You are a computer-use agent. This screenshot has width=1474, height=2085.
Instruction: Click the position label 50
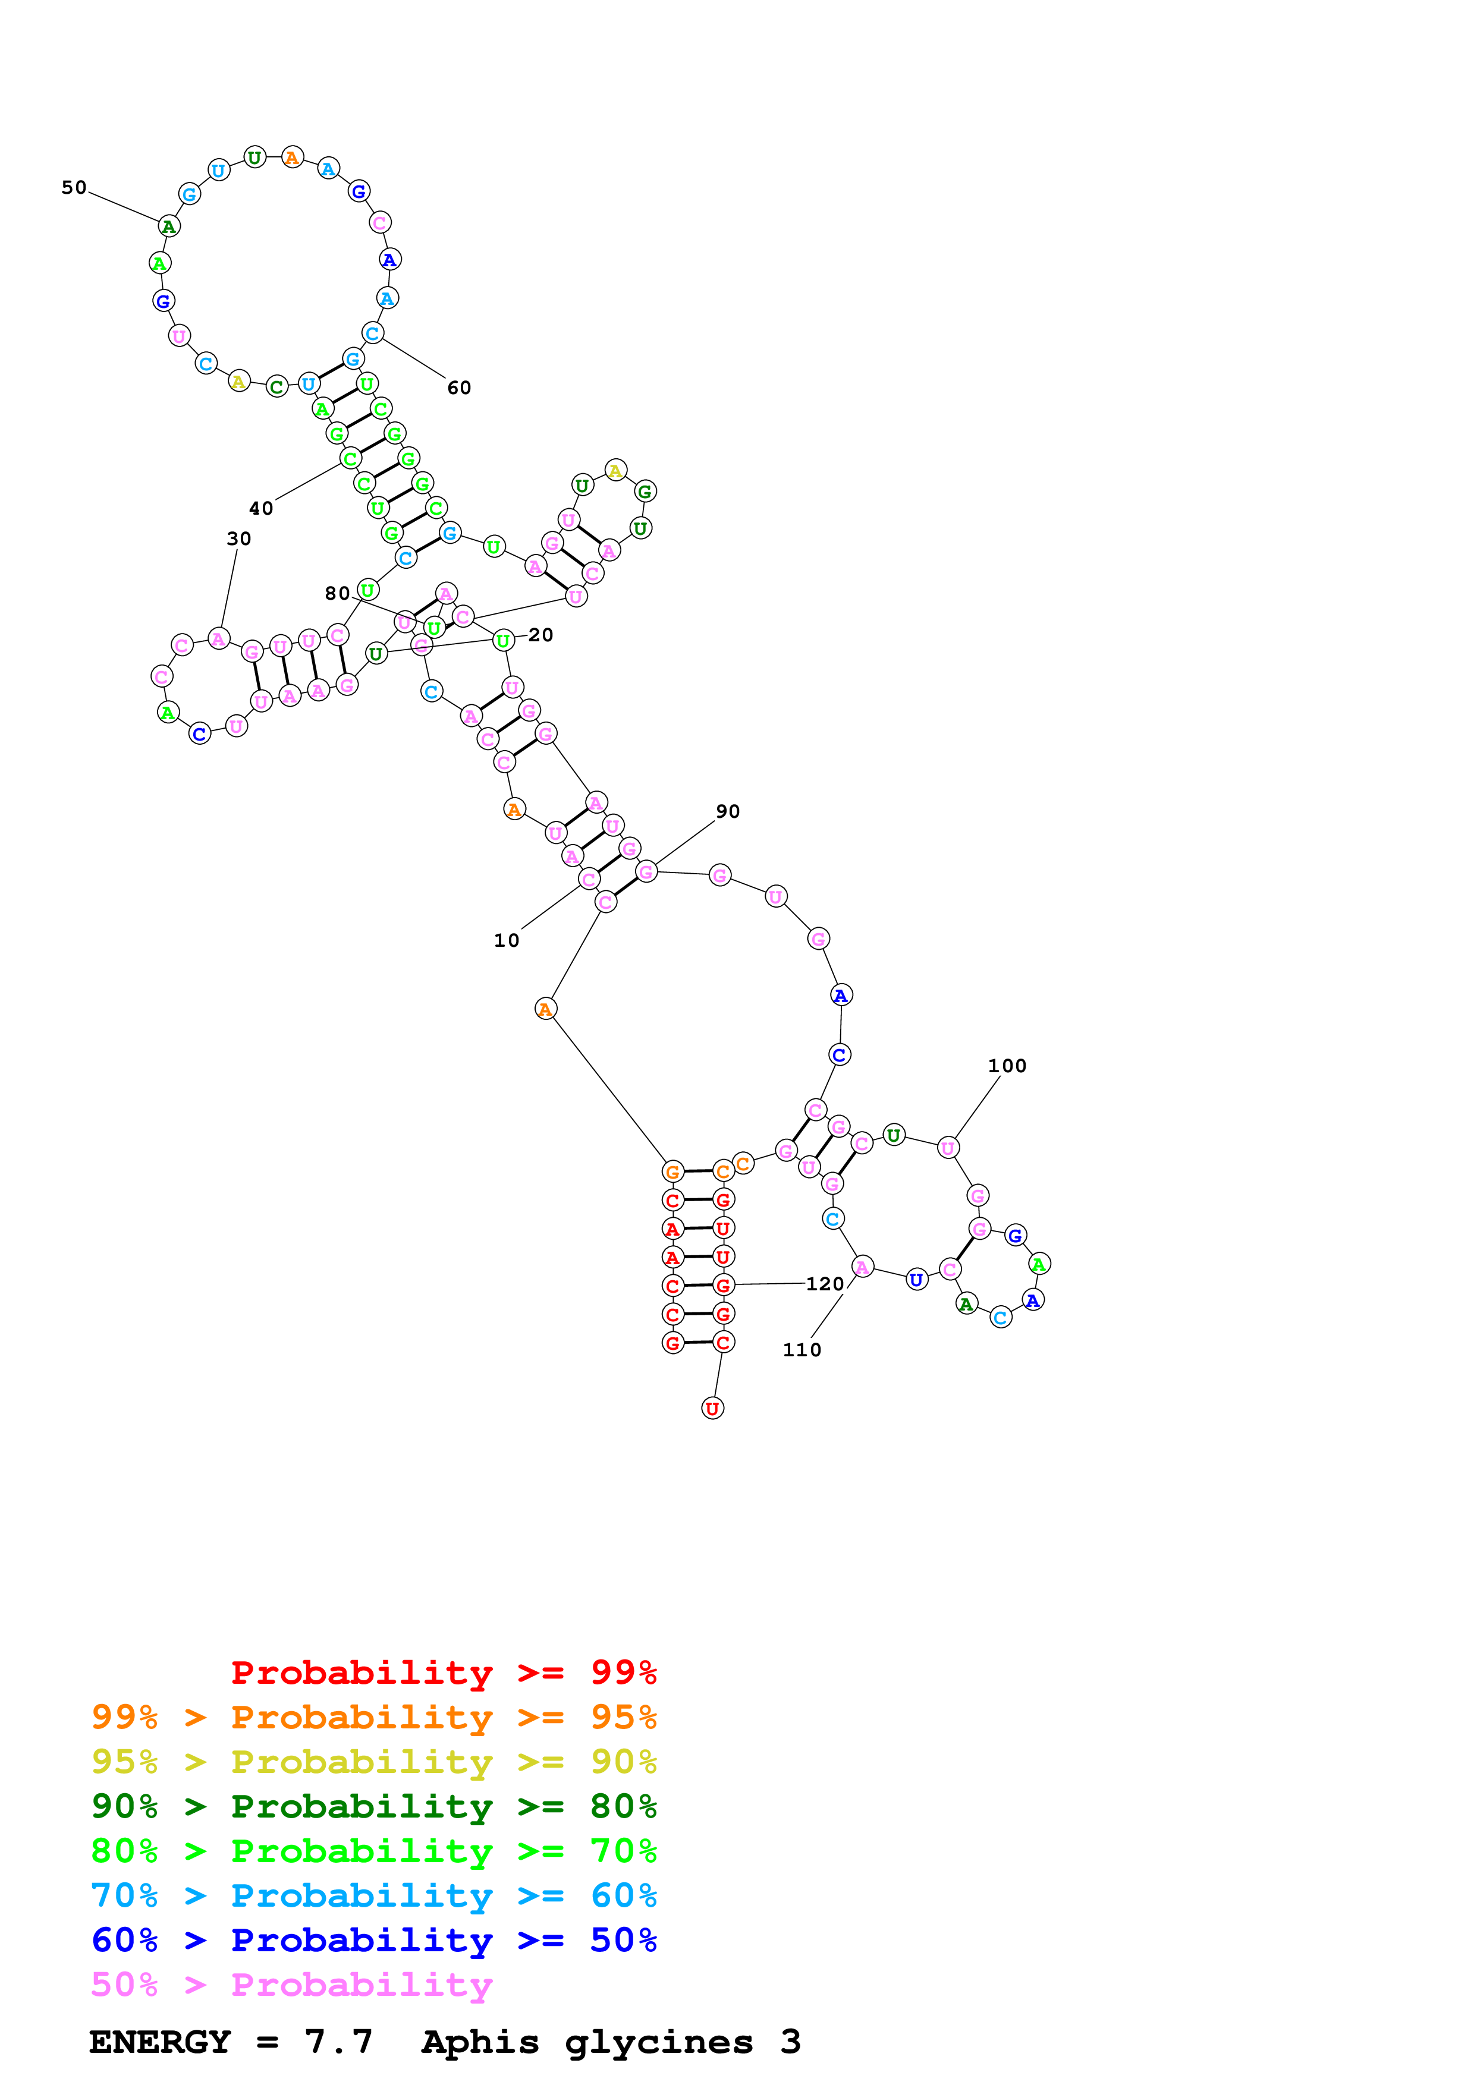point(74,188)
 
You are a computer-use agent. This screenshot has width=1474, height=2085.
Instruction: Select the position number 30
point(239,538)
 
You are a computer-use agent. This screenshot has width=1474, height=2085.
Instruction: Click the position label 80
point(337,593)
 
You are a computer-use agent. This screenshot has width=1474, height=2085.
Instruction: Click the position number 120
point(825,1283)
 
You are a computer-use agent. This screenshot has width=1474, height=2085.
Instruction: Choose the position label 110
point(802,1349)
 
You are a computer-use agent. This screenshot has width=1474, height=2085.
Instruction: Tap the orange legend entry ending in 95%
point(373,1716)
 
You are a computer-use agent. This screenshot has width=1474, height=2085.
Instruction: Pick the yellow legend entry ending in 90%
point(373,1761)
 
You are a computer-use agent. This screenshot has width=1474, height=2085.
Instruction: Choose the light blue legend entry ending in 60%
point(373,1895)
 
